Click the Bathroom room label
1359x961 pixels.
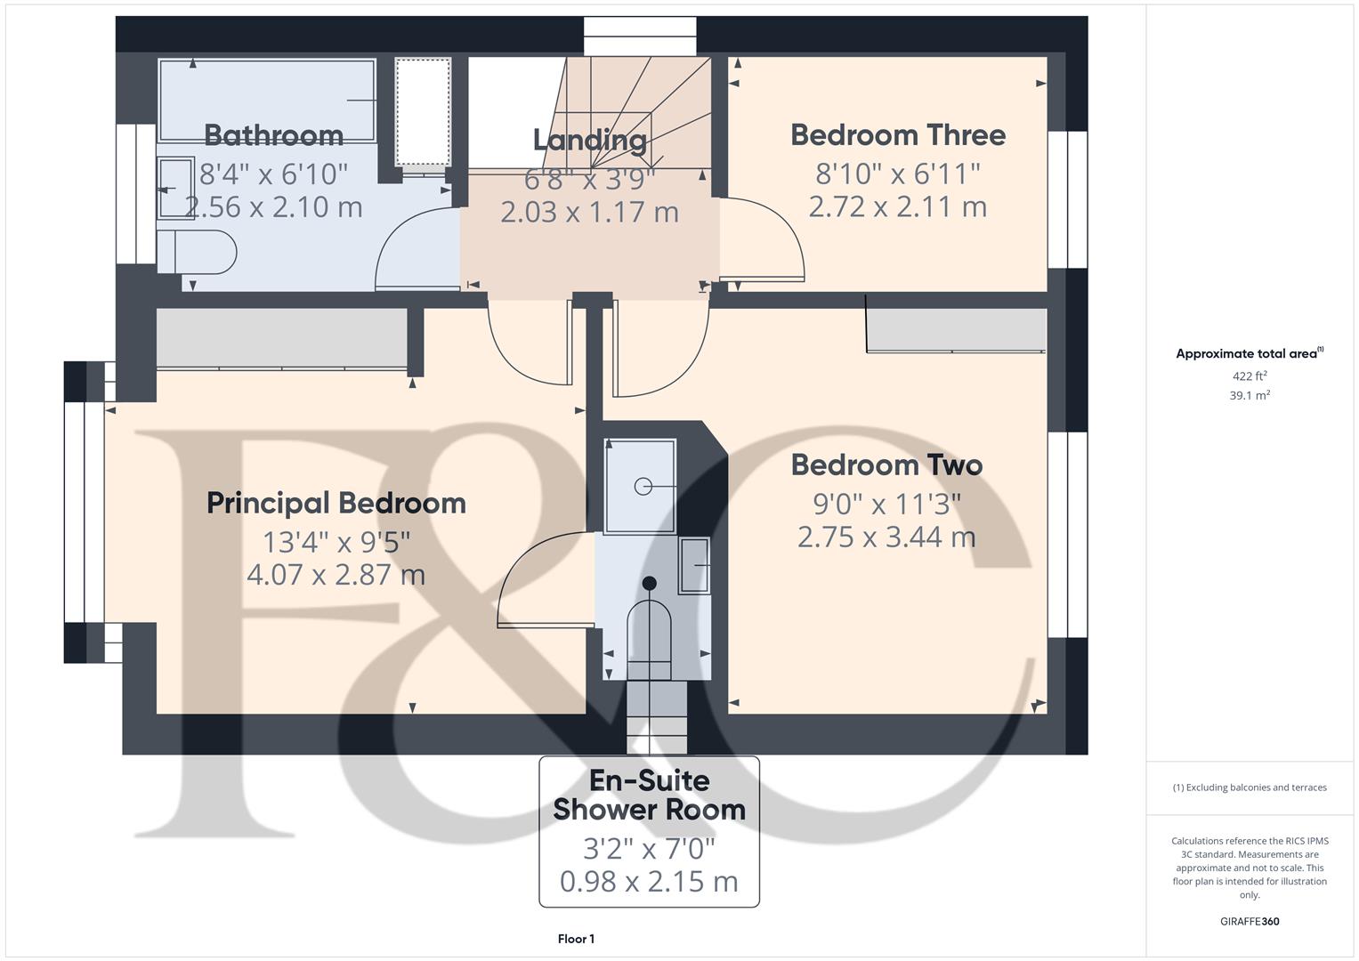pyautogui.click(x=273, y=135)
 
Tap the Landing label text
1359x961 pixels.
pyautogui.click(x=589, y=140)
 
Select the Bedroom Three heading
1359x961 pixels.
pyautogui.click(x=898, y=135)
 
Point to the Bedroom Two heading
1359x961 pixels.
pyautogui.click(x=886, y=465)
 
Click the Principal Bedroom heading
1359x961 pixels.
pyautogui.click(x=336, y=503)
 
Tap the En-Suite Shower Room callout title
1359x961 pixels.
pyautogui.click(x=649, y=795)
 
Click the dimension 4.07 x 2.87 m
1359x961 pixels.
pyautogui.click(x=336, y=575)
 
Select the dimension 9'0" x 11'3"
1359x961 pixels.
pyautogui.click(x=886, y=505)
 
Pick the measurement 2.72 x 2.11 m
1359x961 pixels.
pyautogui.click(x=897, y=207)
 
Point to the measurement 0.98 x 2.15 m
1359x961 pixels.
pyautogui.click(x=649, y=882)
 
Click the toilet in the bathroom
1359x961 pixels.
pyautogui.click(x=196, y=252)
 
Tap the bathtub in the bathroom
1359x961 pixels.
pyautogui.click(x=267, y=100)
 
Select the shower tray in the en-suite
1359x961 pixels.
pyautogui.click(x=640, y=486)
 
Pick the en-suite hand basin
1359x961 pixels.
pyautogui.click(x=694, y=565)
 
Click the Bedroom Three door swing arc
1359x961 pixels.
pyautogui.click(x=765, y=240)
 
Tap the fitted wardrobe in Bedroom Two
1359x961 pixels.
pyautogui.click(x=956, y=330)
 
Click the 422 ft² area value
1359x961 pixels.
pyautogui.click(x=1249, y=376)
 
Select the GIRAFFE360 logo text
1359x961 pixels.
pyautogui.click(x=1249, y=921)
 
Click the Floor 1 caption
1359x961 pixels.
pyautogui.click(x=576, y=939)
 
